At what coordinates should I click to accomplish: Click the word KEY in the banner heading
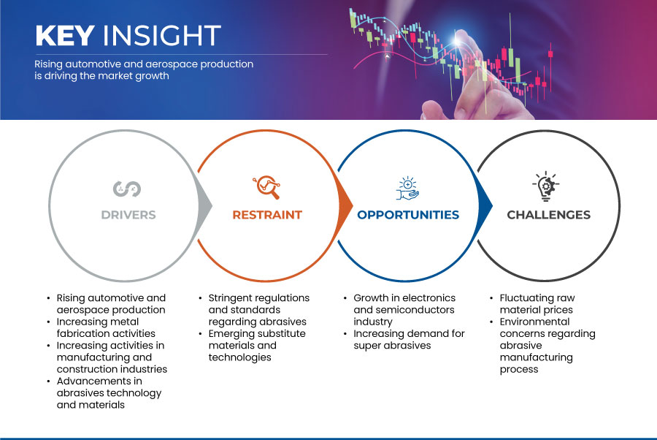click(65, 35)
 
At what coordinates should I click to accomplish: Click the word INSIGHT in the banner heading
click(162, 35)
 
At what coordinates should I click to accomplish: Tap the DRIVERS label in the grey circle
click(128, 215)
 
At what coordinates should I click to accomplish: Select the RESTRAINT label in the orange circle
click(267, 215)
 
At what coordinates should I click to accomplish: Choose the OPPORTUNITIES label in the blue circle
click(408, 215)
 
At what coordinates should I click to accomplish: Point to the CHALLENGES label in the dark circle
click(548, 215)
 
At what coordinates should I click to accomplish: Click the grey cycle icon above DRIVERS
click(127, 189)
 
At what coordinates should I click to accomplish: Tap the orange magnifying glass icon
click(267, 187)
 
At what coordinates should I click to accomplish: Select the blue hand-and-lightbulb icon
click(407, 189)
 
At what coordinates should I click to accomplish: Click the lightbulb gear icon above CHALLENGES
click(546, 186)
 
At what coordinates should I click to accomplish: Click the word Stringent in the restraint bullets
click(233, 298)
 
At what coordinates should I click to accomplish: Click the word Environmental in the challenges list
click(534, 322)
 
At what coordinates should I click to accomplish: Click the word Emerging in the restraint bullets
click(230, 334)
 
